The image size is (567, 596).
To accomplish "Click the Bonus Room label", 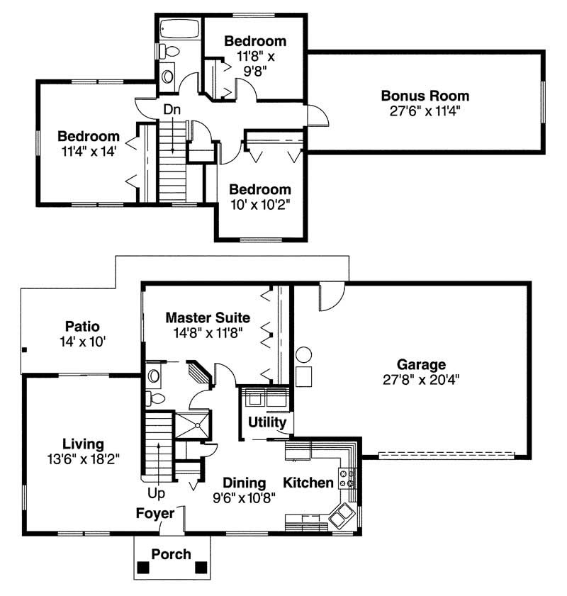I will pos(425,96).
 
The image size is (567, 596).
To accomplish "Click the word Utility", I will pos(267,422).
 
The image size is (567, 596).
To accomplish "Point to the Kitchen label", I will pos(308,483).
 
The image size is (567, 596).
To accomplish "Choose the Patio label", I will pos(82,327).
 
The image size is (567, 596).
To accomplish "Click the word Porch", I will pos(172,553).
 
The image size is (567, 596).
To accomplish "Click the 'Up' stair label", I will pos(157,490).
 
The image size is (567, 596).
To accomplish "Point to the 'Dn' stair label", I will pos(172,110).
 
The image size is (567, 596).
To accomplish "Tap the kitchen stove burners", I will pos(348,478).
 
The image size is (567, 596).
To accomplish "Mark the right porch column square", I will pos(201,568).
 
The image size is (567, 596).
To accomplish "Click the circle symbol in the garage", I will pos(303,354).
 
